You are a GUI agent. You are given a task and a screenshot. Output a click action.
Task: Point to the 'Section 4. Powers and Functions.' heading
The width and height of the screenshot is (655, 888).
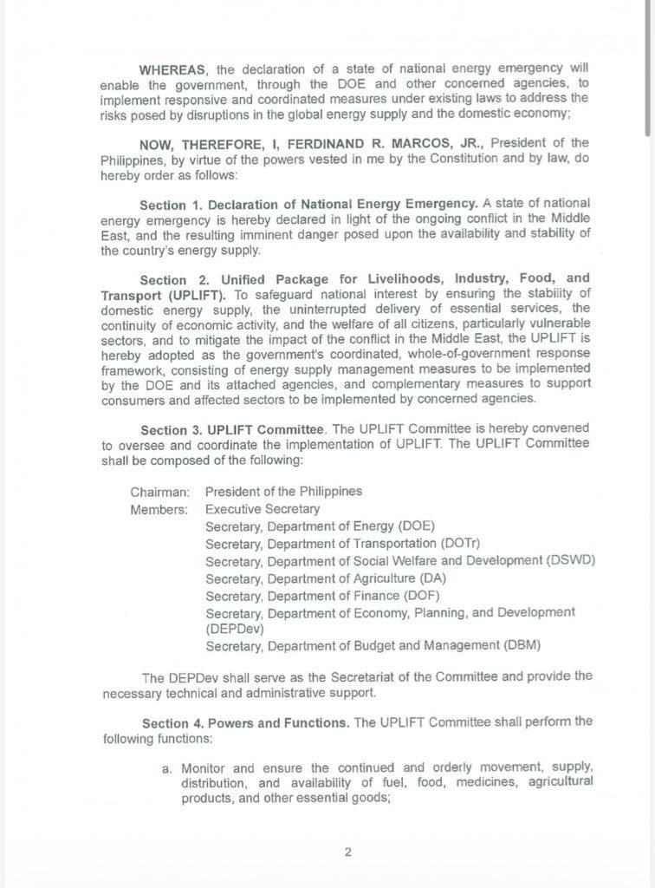coord(246,723)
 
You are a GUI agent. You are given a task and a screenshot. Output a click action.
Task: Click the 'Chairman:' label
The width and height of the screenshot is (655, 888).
coord(159,492)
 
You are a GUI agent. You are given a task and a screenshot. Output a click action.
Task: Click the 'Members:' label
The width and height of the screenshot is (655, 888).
coord(159,510)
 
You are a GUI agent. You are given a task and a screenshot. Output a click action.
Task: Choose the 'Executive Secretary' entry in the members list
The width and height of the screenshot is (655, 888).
coord(263,510)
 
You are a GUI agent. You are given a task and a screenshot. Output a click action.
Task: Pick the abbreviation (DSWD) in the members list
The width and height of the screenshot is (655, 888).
coord(571,561)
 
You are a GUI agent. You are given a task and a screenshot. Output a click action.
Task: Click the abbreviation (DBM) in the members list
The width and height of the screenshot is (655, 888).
coord(529,645)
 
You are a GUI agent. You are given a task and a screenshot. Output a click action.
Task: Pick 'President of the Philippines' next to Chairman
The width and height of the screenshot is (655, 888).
coord(283,492)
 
